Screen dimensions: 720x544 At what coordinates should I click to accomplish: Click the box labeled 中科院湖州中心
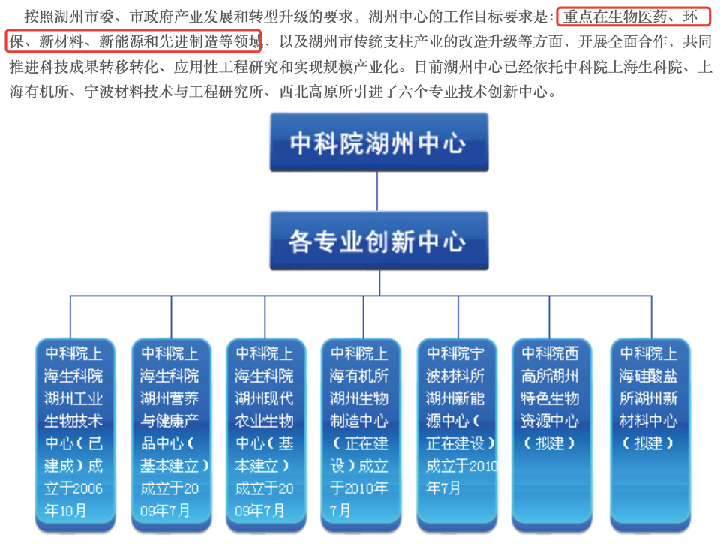(379, 142)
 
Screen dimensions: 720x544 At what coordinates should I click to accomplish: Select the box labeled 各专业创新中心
(379, 240)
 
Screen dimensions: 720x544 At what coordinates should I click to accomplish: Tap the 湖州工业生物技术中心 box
(75, 434)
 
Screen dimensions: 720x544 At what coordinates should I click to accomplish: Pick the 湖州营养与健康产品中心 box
(171, 434)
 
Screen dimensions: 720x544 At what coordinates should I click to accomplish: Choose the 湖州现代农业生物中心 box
(265, 434)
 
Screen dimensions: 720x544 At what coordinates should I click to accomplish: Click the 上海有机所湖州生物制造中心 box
(361, 434)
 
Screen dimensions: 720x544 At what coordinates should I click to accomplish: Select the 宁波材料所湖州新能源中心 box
(457, 434)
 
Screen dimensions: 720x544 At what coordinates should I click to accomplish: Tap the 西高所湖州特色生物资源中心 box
(551, 434)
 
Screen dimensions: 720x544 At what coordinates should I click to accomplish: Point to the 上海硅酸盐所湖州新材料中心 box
(650, 434)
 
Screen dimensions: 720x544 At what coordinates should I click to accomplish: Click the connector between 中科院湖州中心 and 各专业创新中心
(377, 191)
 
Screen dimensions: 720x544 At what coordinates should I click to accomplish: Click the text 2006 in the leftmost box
(87, 488)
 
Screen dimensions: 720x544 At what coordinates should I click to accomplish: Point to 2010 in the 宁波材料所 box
(483, 467)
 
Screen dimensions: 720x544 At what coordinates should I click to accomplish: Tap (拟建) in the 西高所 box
(549, 443)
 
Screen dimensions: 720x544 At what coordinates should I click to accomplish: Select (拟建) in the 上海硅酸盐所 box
(648, 443)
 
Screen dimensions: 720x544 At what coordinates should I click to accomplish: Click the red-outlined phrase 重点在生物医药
(614, 17)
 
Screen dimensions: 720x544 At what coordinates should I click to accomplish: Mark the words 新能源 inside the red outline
(121, 41)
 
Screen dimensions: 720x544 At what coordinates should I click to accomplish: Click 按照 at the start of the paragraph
(39, 17)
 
